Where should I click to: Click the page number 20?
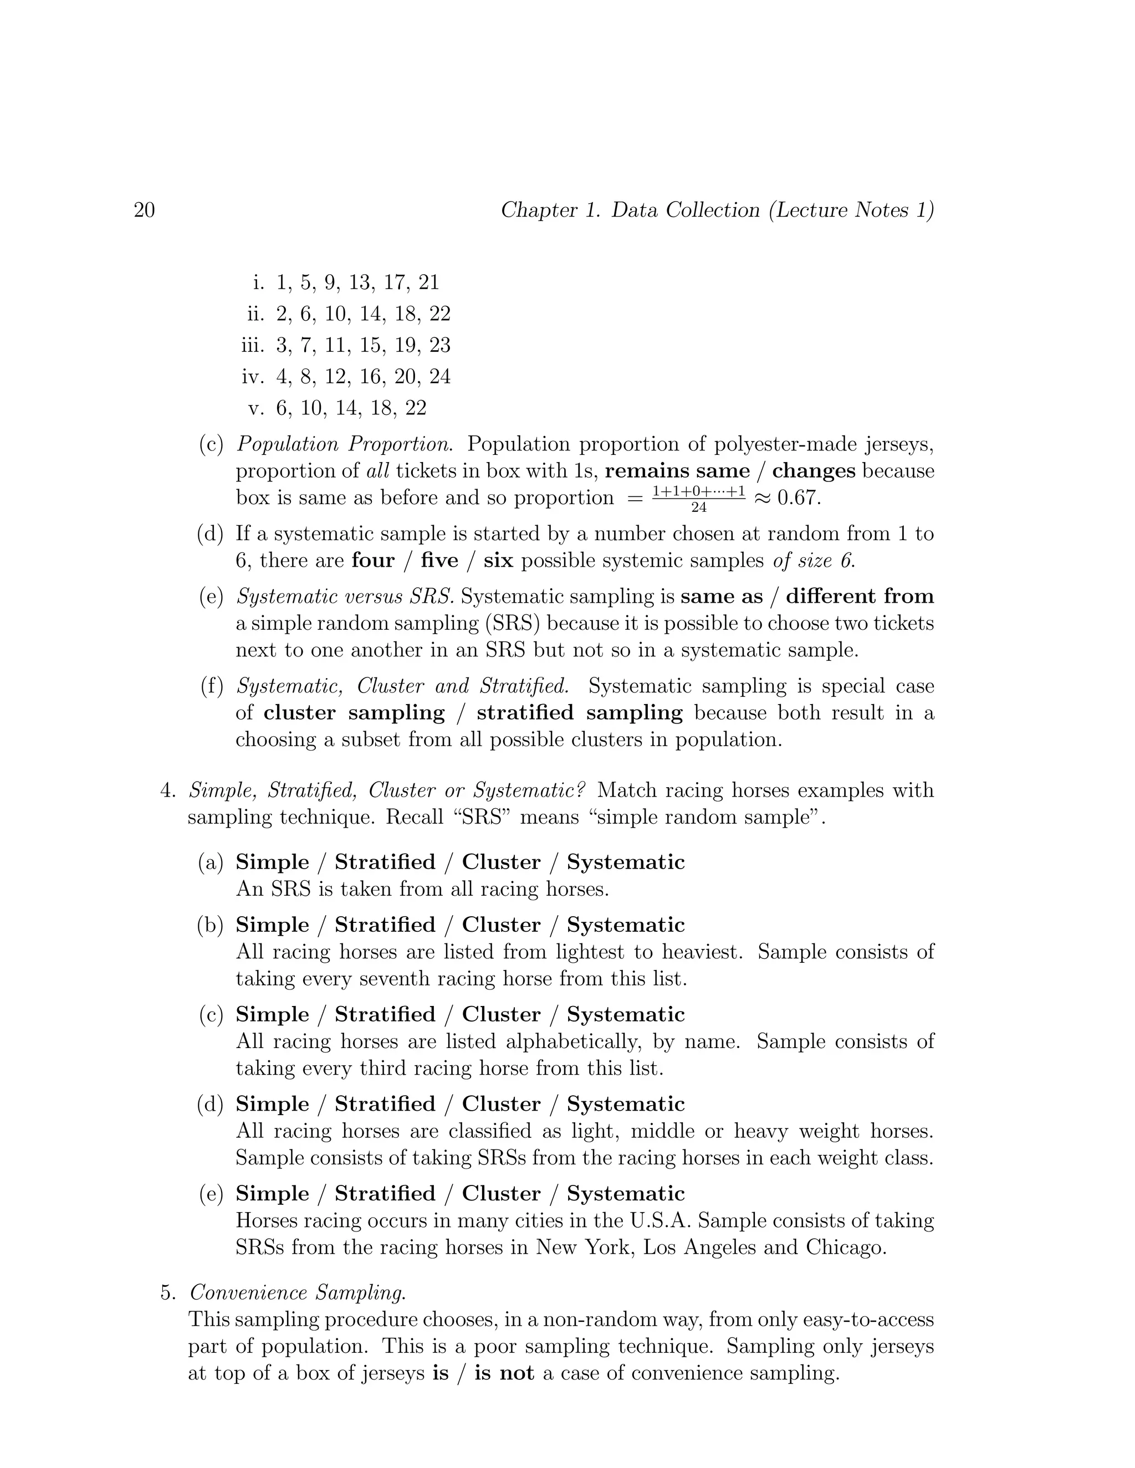(145, 211)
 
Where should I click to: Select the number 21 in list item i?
(428, 283)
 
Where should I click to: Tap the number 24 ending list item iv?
(439, 376)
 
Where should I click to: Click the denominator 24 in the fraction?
(699, 507)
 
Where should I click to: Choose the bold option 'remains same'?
(677, 470)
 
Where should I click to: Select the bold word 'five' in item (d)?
(439, 561)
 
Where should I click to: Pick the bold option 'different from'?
(860, 596)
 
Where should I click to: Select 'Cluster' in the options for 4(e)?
(501, 1194)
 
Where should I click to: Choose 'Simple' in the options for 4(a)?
(272, 863)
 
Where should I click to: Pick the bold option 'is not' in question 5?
(504, 1373)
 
